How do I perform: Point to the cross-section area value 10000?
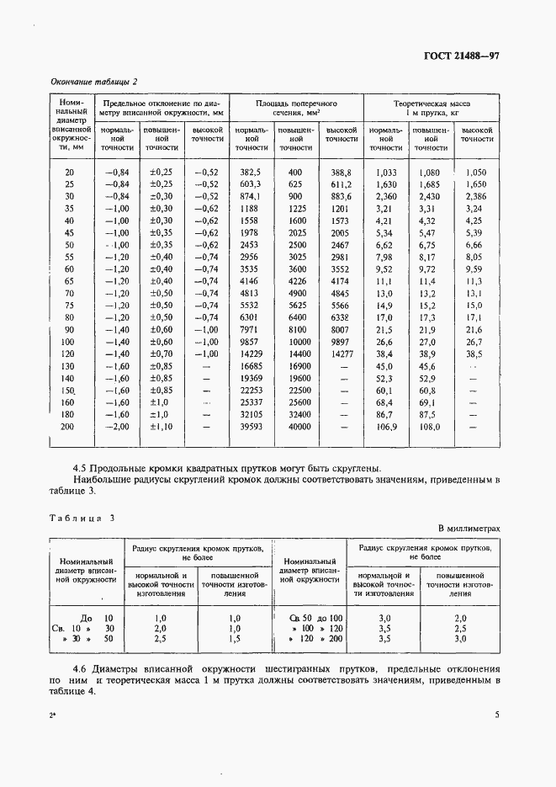(295, 343)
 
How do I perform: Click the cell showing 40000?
(295, 427)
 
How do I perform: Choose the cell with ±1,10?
(161, 427)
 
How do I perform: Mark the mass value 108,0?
(429, 427)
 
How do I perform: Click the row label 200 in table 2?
(68, 427)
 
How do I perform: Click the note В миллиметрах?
(469, 528)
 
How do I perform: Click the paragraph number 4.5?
(82, 467)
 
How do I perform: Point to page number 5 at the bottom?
(496, 715)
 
